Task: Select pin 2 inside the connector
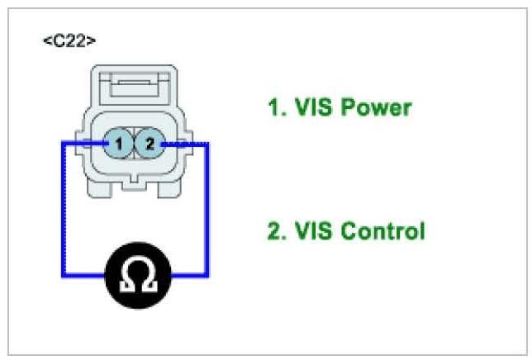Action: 150,145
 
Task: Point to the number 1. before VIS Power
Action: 275,107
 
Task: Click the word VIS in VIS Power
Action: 311,107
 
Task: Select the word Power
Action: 375,107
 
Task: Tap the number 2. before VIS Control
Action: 275,230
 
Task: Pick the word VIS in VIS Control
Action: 311,230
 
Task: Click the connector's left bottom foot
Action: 101,189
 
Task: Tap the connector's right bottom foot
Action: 169,189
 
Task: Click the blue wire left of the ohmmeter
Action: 83,275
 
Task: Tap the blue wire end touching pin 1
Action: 106,144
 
